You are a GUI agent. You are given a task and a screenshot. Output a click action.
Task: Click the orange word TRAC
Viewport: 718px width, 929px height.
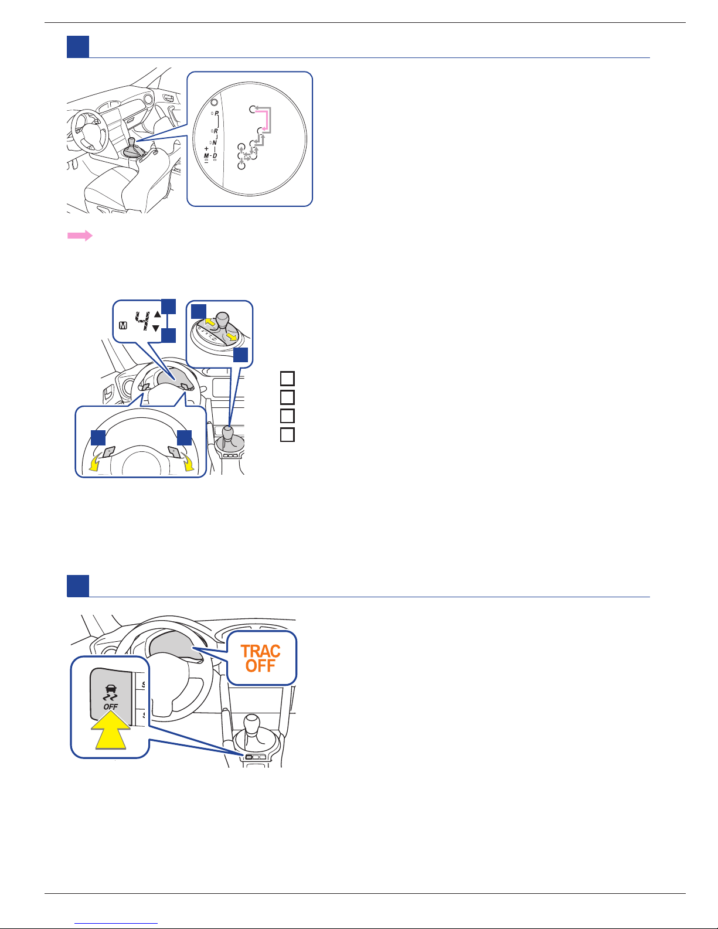coord(260,651)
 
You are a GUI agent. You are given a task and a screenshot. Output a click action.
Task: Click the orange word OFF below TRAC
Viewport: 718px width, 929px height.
coord(260,666)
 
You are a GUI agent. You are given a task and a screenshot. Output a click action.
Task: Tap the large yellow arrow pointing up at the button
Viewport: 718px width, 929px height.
coord(111,730)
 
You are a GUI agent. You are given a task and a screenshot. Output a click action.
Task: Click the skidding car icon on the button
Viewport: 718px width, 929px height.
coord(111,693)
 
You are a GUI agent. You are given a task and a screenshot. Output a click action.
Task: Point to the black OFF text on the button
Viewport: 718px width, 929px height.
coord(111,707)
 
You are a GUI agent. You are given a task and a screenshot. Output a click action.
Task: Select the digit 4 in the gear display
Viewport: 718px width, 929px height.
coord(143,321)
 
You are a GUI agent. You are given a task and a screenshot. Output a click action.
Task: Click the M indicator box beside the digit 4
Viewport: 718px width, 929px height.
coord(123,326)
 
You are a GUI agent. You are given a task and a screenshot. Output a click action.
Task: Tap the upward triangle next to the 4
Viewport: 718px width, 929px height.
coord(157,314)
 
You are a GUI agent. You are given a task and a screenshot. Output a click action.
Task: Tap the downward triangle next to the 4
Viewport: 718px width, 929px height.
coord(156,328)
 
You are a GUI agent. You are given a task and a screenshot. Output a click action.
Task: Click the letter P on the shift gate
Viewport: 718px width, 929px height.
coord(217,113)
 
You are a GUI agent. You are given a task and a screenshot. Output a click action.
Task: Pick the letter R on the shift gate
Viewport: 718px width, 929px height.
coord(216,131)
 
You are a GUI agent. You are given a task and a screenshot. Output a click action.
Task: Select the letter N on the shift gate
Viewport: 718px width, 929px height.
coord(215,143)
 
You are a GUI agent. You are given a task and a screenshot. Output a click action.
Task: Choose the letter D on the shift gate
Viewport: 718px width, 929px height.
coord(215,156)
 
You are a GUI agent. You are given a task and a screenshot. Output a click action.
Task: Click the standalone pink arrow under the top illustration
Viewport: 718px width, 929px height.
coord(80,236)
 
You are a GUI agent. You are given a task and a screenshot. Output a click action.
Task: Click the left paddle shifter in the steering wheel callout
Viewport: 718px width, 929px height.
coord(109,451)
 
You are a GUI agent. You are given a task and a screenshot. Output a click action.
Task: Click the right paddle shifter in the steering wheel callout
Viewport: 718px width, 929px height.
coord(175,451)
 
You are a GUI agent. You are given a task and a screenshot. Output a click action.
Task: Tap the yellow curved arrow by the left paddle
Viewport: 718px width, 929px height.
coord(94,464)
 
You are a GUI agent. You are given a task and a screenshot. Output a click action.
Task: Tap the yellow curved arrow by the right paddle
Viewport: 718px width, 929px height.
coord(188,464)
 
